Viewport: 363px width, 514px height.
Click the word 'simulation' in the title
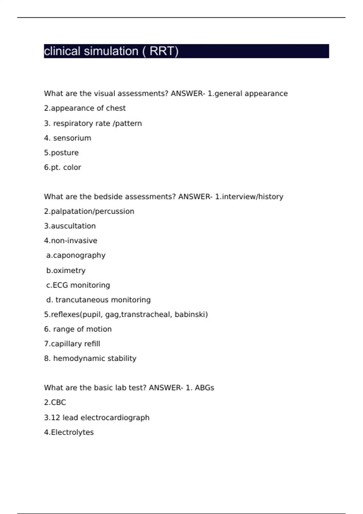coord(111,51)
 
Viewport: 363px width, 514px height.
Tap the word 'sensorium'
coord(72,138)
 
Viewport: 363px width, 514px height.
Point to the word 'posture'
coord(65,153)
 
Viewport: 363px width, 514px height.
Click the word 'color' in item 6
coord(72,168)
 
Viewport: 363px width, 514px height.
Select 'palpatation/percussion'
coord(92,211)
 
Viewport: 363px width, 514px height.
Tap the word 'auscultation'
coord(73,226)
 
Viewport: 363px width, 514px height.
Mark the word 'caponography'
coord(79,256)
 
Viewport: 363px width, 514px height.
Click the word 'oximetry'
coord(69,271)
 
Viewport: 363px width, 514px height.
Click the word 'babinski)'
coord(191,314)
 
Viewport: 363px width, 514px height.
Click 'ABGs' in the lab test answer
coord(204,388)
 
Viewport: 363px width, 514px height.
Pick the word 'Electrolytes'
coord(72,432)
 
